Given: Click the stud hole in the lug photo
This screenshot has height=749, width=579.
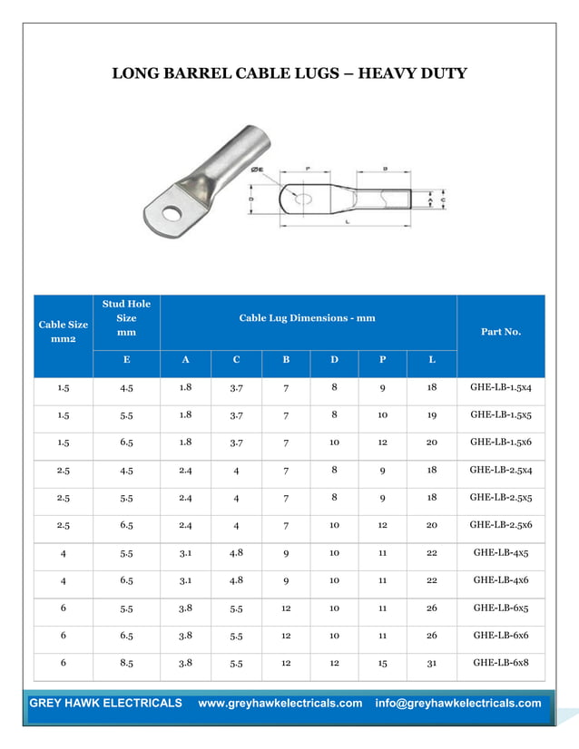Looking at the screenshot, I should (x=170, y=215).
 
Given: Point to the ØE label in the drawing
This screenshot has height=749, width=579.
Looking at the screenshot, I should (x=257, y=170).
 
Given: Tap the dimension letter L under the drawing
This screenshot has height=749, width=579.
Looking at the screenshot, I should (x=348, y=221).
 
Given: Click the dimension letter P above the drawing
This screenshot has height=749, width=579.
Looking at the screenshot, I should (x=308, y=168).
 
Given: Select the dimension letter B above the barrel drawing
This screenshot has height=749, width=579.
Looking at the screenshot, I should (x=386, y=168).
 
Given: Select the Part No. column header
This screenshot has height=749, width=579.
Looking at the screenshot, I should (x=501, y=332).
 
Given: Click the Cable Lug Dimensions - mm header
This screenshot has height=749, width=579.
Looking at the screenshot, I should (x=307, y=318).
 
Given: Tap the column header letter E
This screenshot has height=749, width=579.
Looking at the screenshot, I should (x=126, y=360).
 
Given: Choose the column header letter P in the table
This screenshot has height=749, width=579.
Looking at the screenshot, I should (x=383, y=360).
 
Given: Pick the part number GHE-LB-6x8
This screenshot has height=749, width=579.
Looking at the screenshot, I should (x=501, y=663).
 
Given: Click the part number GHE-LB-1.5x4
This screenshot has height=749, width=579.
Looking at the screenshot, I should (x=501, y=388).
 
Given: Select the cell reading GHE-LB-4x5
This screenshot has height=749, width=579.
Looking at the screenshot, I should (x=501, y=553).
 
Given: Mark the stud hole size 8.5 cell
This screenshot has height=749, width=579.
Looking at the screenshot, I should (x=127, y=663).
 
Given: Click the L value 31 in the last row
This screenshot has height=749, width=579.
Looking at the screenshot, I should (x=432, y=663).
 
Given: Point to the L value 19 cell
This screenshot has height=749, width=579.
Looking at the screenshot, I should (x=432, y=415).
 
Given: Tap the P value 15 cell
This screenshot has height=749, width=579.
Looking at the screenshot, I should (x=383, y=663).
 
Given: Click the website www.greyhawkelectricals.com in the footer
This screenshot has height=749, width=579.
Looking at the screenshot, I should (x=280, y=704).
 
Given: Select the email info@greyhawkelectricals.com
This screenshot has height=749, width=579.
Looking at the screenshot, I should (x=457, y=704).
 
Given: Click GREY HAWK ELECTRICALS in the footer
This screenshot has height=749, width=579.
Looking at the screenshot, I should (x=105, y=704).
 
